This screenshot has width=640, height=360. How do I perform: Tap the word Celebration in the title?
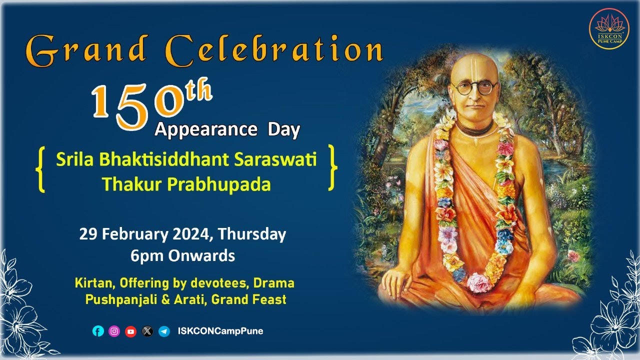[x=273, y=50]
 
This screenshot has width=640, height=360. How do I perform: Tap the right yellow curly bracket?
[x=332, y=168]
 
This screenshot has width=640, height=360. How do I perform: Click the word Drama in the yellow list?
[x=274, y=283]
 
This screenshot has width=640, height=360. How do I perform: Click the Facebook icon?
[x=98, y=331]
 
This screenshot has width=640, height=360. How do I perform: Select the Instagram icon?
[x=114, y=331]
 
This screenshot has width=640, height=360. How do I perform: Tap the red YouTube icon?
[x=130, y=331]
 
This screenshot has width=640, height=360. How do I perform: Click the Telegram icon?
[x=164, y=331]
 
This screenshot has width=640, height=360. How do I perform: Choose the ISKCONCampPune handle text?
[x=220, y=331]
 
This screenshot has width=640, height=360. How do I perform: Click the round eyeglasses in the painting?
[x=474, y=88]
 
